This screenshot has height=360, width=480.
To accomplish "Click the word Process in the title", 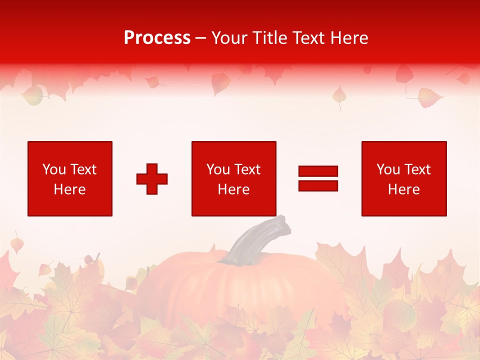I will [157, 38].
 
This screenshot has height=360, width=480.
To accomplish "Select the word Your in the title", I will [230, 38].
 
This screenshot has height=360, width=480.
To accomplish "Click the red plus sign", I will [152, 179].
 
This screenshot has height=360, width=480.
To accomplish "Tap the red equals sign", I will [318, 178].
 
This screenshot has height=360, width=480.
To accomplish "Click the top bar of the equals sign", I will [318, 171].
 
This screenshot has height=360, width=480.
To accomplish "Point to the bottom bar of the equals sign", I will [318, 185].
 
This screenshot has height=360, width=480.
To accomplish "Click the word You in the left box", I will [54, 169].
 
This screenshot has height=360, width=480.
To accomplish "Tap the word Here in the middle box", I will [233, 189].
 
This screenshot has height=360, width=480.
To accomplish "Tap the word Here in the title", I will [349, 38].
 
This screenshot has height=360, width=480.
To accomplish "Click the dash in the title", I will [201, 38].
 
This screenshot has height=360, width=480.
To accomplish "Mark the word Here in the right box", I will [403, 189].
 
